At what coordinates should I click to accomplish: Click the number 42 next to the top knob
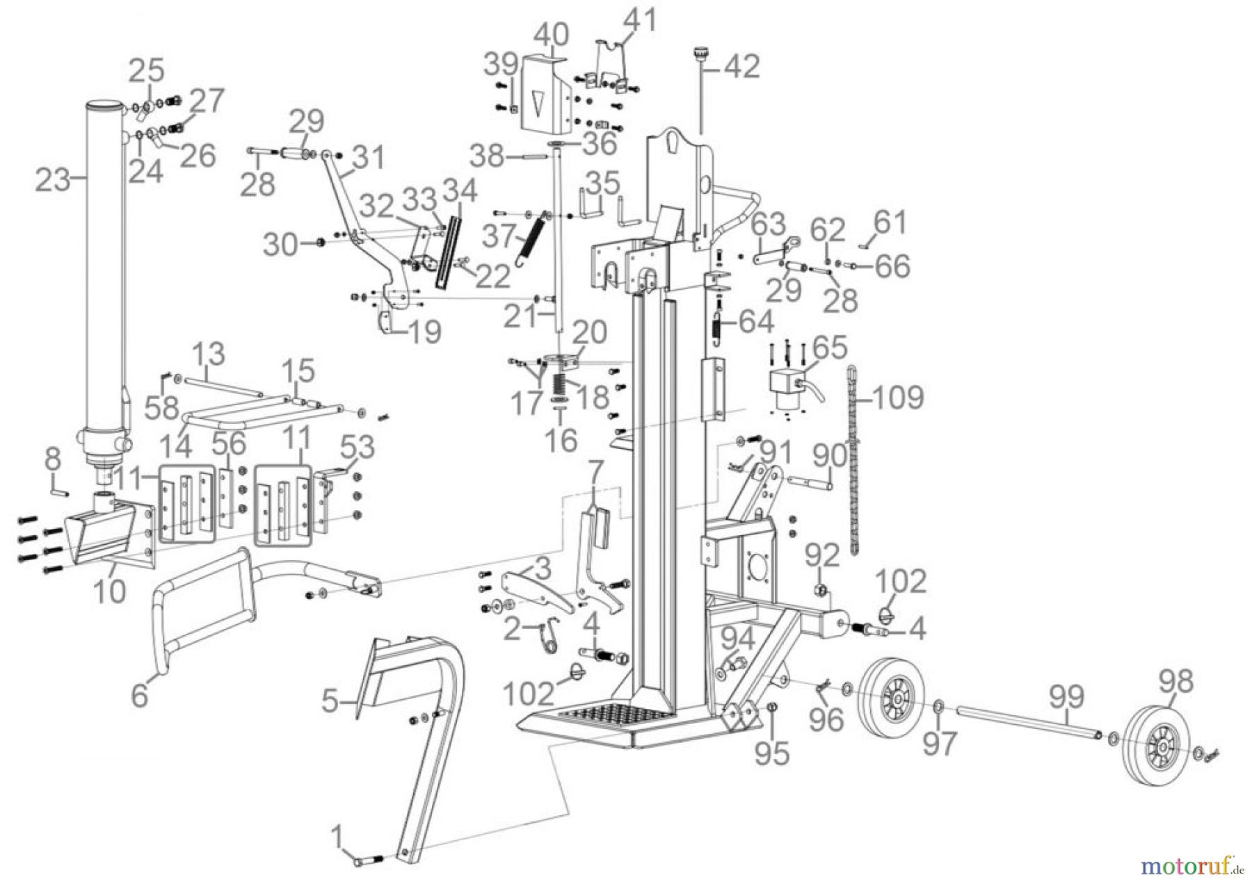click(742, 67)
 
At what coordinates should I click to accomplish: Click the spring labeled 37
click(532, 238)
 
